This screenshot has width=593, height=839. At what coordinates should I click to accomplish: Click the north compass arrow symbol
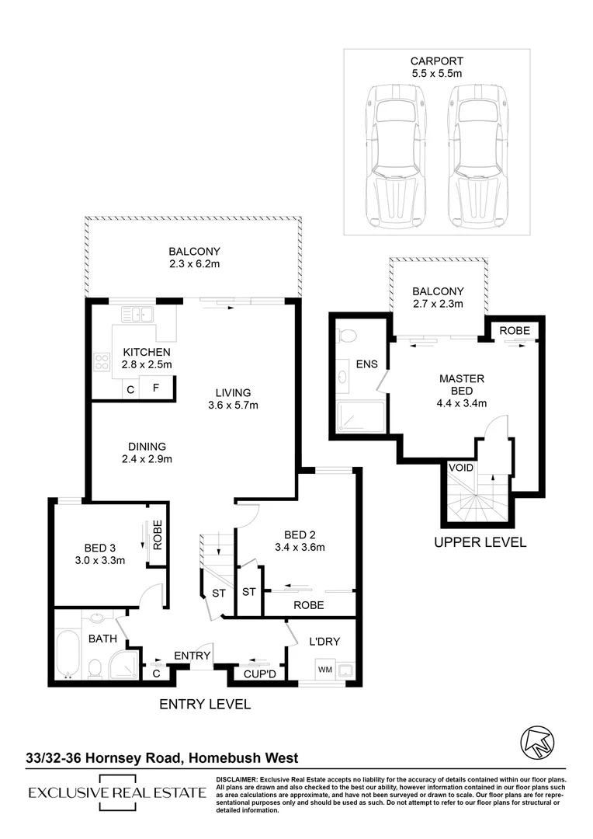point(537,742)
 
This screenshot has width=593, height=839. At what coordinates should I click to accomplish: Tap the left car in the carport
point(396,155)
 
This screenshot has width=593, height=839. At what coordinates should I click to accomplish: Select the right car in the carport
point(479,155)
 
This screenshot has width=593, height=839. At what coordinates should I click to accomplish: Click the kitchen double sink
point(137,314)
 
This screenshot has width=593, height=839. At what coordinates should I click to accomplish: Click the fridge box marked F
point(156,387)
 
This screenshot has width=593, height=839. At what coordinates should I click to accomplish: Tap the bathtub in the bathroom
point(68,654)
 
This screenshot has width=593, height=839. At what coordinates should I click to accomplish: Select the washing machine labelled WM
point(325,670)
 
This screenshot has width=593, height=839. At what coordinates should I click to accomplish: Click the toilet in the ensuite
point(347,336)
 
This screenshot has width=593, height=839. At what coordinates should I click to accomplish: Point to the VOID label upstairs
point(461,468)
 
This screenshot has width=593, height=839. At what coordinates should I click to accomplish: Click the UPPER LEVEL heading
point(480,542)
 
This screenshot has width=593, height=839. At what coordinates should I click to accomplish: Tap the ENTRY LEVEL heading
point(205,704)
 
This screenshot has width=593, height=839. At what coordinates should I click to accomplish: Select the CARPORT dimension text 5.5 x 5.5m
point(437,74)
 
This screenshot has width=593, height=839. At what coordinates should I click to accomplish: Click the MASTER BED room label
point(462,385)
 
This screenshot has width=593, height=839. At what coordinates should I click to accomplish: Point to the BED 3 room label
point(100,548)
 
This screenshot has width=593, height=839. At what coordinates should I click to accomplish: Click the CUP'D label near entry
point(260,674)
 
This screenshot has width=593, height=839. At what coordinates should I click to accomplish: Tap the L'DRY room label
point(324,642)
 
